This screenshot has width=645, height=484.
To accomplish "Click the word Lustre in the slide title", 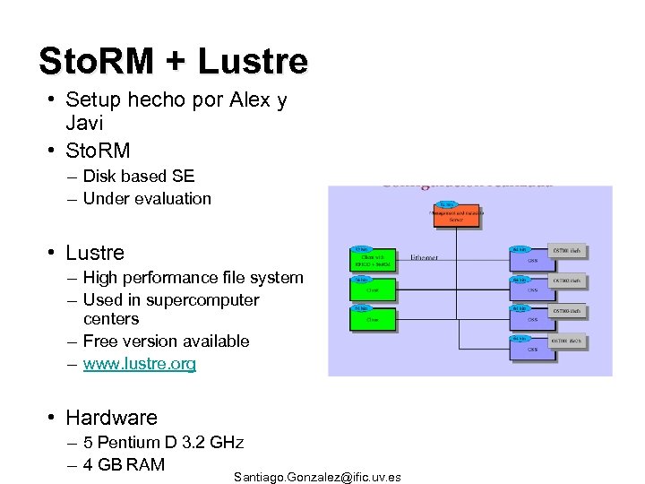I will (x=252, y=61).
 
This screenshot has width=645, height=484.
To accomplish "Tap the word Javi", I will (x=85, y=122).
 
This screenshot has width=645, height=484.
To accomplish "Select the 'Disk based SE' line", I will (x=138, y=177).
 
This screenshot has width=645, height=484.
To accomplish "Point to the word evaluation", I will (x=170, y=199).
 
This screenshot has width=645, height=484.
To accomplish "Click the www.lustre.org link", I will (x=139, y=364).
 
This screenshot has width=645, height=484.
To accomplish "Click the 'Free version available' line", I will (x=166, y=341).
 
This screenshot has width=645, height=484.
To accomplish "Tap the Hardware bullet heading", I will (x=111, y=418).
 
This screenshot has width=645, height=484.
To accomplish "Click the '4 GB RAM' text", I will (x=124, y=464).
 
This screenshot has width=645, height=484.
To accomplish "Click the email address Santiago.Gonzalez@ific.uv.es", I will (x=317, y=477).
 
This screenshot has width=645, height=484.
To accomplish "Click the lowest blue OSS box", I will (x=532, y=348).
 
